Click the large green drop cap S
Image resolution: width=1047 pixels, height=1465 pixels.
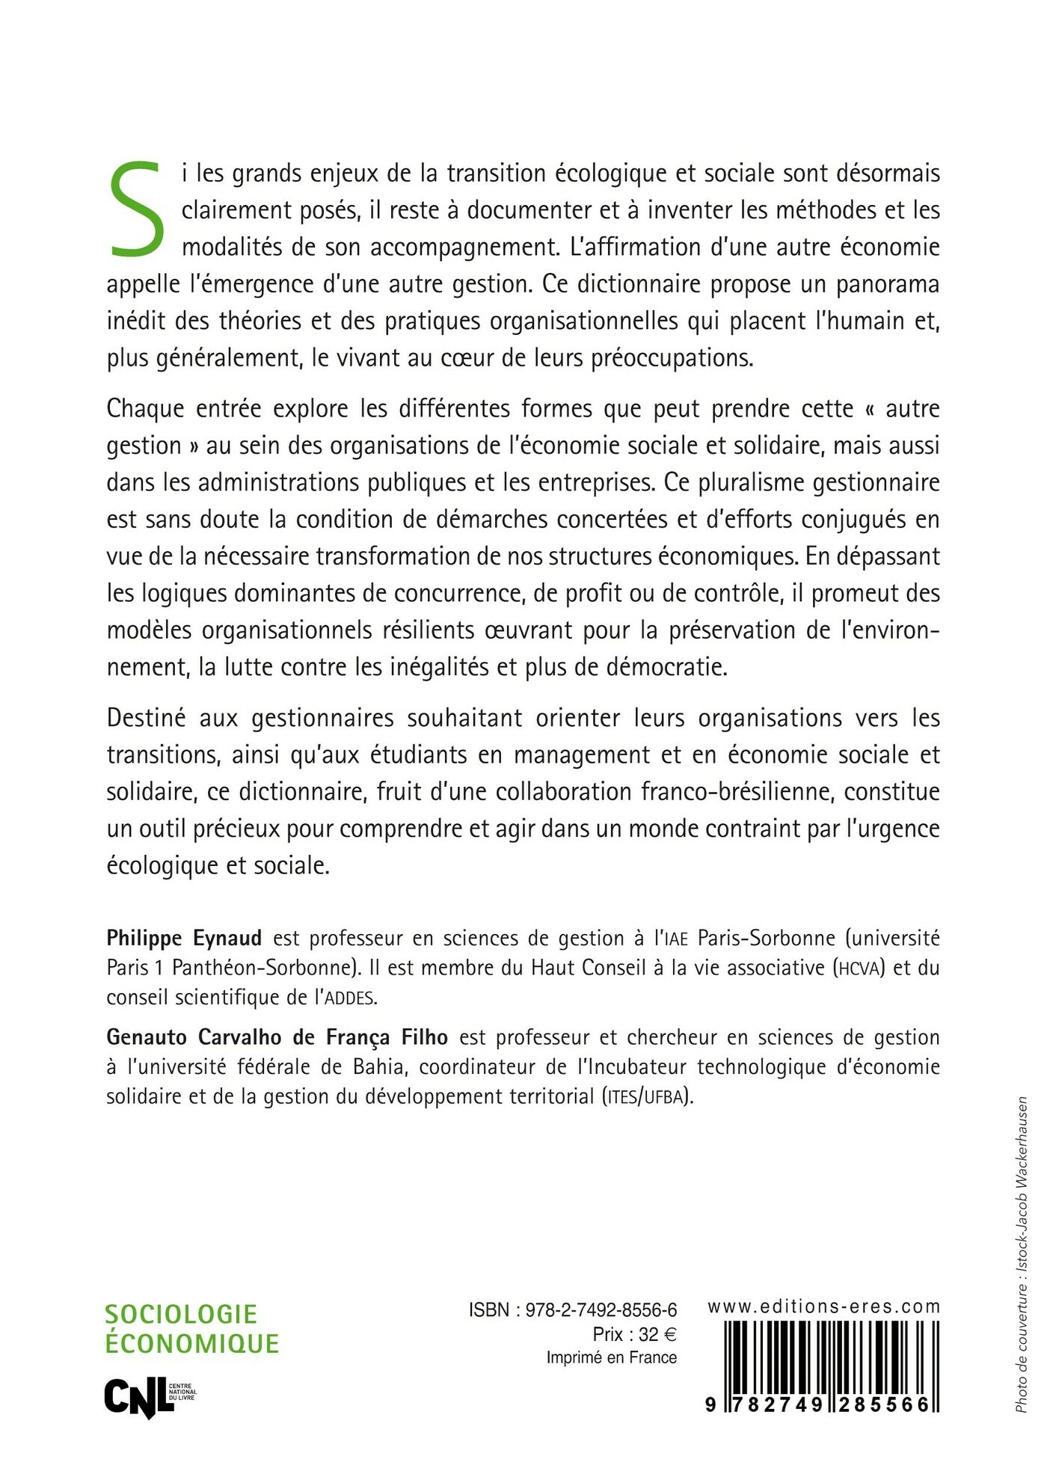tap(138, 207)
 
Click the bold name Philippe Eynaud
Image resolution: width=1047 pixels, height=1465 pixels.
tap(184, 938)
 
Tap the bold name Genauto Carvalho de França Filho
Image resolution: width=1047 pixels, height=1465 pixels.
tap(277, 1037)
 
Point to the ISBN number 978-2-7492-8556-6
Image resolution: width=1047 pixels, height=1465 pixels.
tap(601, 1309)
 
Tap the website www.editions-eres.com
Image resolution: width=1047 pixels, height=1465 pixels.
tap(823, 1306)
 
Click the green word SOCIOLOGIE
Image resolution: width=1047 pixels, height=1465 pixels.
tap(181, 1314)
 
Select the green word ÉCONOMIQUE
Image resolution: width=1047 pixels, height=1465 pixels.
tap(192, 1344)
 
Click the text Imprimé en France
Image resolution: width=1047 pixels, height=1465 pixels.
tap(611, 1357)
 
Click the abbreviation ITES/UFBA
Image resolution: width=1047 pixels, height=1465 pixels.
tap(648, 1098)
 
